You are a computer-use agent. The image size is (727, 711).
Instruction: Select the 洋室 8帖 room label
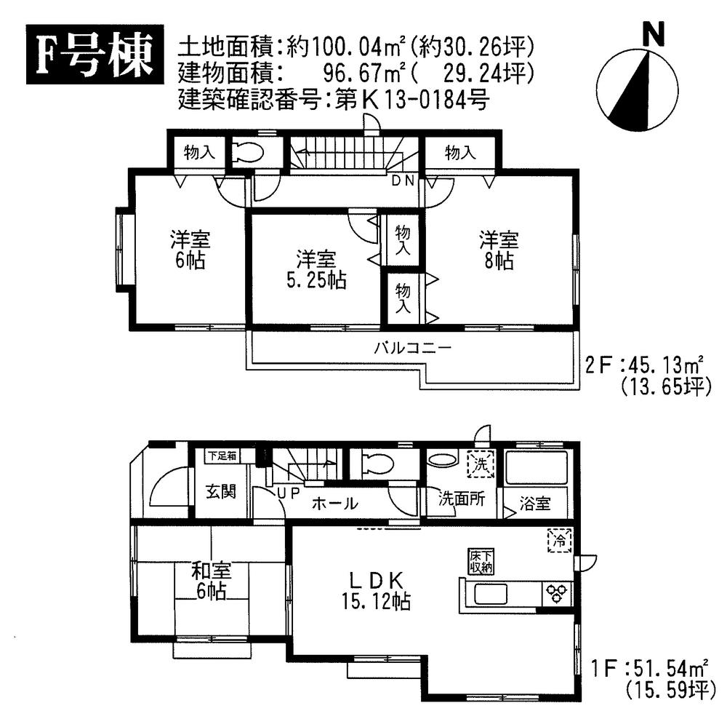pyautogui.click(x=498, y=250)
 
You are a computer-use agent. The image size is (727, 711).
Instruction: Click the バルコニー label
pyautogui.click(x=412, y=347)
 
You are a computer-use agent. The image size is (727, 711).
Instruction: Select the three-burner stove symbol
pyautogui.click(x=557, y=594)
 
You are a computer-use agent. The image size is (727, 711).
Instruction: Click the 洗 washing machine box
pyautogui.click(x=481, y=464)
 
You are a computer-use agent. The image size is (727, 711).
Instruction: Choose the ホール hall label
pyautogui.click(x=335, y=503)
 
